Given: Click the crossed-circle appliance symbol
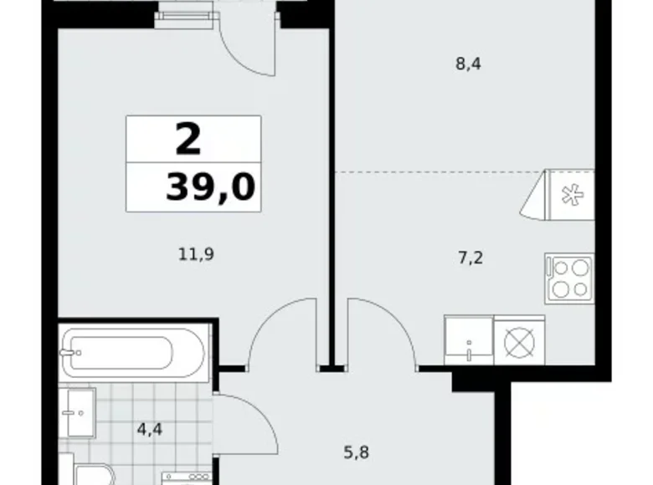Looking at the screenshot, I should point(519,341).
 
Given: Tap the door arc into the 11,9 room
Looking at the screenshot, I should point(280,334).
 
